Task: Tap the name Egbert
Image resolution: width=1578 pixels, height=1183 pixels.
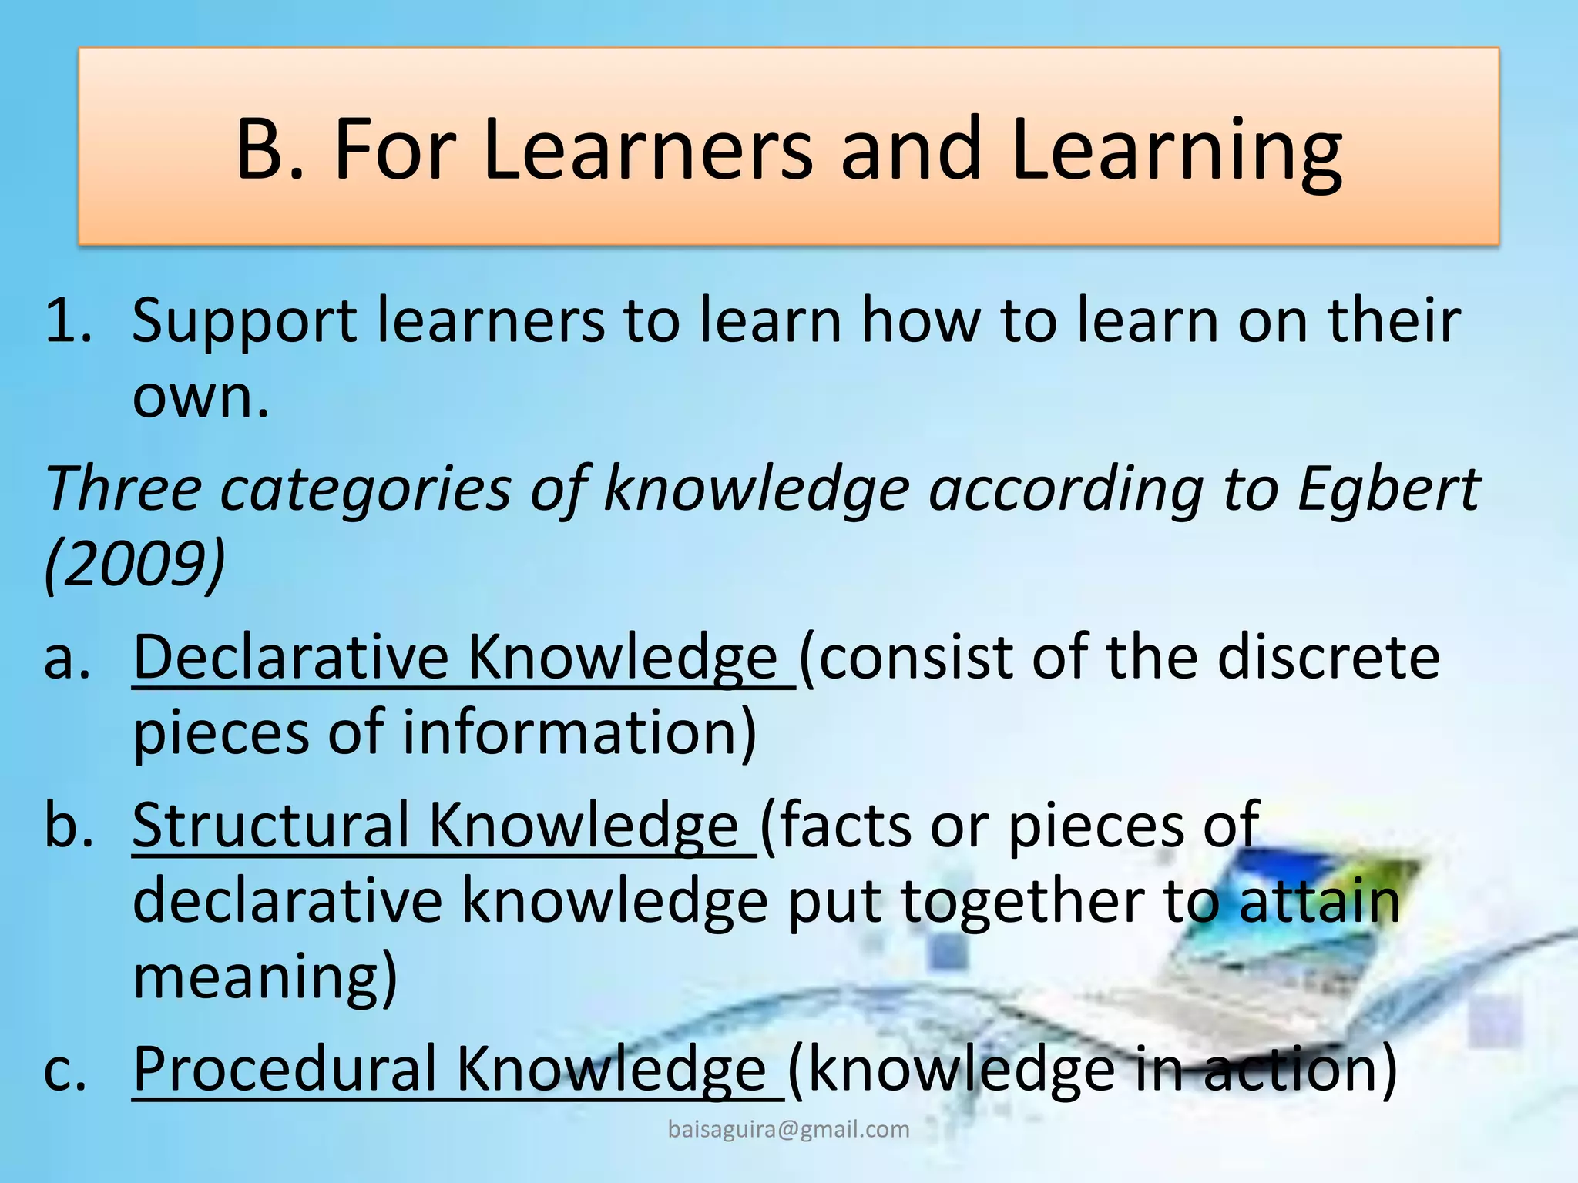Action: (1388, 489)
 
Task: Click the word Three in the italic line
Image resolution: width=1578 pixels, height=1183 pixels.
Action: (123, 489)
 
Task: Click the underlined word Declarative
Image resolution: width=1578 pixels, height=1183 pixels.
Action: (291, 657)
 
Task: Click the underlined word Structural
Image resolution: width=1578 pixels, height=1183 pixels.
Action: (270, 825)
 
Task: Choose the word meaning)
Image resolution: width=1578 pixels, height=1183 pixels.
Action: (265, 977)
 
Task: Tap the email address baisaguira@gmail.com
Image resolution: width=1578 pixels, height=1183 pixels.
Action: (788, 1129)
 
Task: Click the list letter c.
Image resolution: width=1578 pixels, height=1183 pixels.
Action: (65, 1071)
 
